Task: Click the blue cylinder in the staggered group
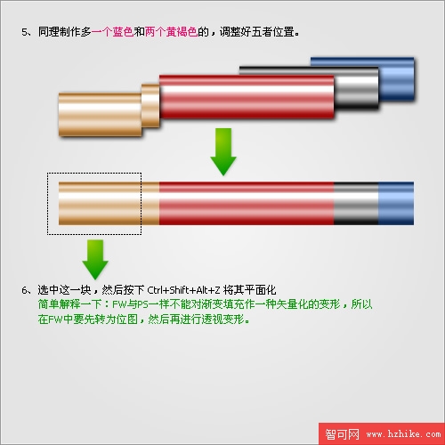(x=397, y=79)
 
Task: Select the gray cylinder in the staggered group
(x=357, y=88)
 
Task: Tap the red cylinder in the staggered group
(x=247, y=97)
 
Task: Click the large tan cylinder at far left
(x=100, y=115)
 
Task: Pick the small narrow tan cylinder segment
(x=150, y=106)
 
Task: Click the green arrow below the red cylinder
(x=223, y=152)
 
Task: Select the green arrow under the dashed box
(x=95, y=260)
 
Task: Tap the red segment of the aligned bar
(x=247, y=203)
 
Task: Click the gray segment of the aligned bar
(x=356, y=203)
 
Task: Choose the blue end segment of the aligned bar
(x=396, y=203)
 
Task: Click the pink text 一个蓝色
(x=112, y=32)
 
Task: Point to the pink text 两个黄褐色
(x=171, y=32)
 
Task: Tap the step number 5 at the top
(x=24, y=32)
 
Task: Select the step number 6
(x=24, y=290)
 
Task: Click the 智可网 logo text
(x=342, y=434)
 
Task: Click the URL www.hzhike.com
(x=403, y=434)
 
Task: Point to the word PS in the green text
(x=142, y=304)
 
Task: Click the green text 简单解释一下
(x=69, y=304)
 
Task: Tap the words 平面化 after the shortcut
(x=261, y=290)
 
